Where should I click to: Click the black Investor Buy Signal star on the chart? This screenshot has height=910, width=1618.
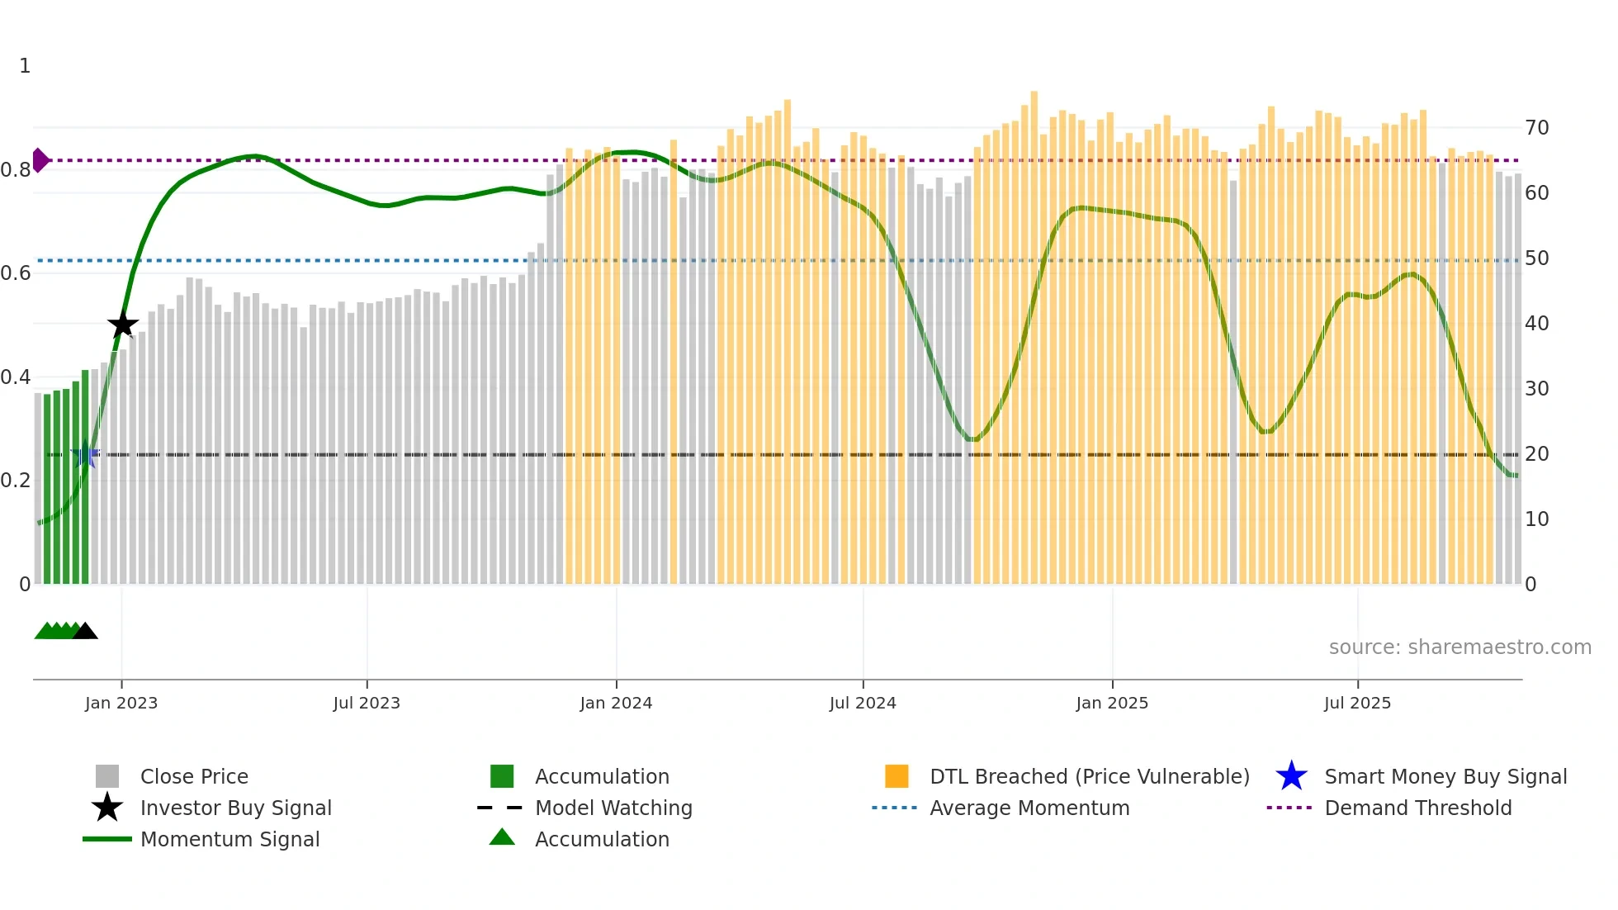(x=122, y=325)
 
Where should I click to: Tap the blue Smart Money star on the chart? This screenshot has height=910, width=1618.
(x=85, y=455)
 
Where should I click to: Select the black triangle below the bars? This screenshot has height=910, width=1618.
(x=85, y=632)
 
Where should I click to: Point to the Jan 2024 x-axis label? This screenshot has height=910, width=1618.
(x=616, y=703)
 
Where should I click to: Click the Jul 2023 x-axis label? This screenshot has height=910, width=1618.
(x=367, y=703)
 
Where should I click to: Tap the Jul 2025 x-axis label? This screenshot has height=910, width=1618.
(x=1357, y=703)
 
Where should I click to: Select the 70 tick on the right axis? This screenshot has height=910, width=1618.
(x=1536, y=128)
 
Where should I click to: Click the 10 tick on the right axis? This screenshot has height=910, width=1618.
(x=1536, y=519)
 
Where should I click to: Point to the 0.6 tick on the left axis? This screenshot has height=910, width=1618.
(x=16, y=273)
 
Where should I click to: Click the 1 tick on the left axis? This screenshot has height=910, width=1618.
(x=25, y=66)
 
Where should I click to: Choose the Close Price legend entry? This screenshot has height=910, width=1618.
(x=194, y=776)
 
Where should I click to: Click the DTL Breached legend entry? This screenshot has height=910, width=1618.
(x=1089, y=776)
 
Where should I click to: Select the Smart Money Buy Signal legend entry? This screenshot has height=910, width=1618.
(x=1445, y=776)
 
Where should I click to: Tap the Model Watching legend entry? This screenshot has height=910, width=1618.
(x=613, y=808)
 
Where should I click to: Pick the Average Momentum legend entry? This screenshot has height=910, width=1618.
(x=1029, y=808)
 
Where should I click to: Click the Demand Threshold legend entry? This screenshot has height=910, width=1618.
(x=1417, y=808)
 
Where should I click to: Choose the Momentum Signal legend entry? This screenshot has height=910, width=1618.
(x=229, y=839)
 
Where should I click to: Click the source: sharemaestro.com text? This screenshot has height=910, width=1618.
(x=1460, y=647)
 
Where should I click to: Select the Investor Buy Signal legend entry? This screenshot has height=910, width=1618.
(x=235, y=808)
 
